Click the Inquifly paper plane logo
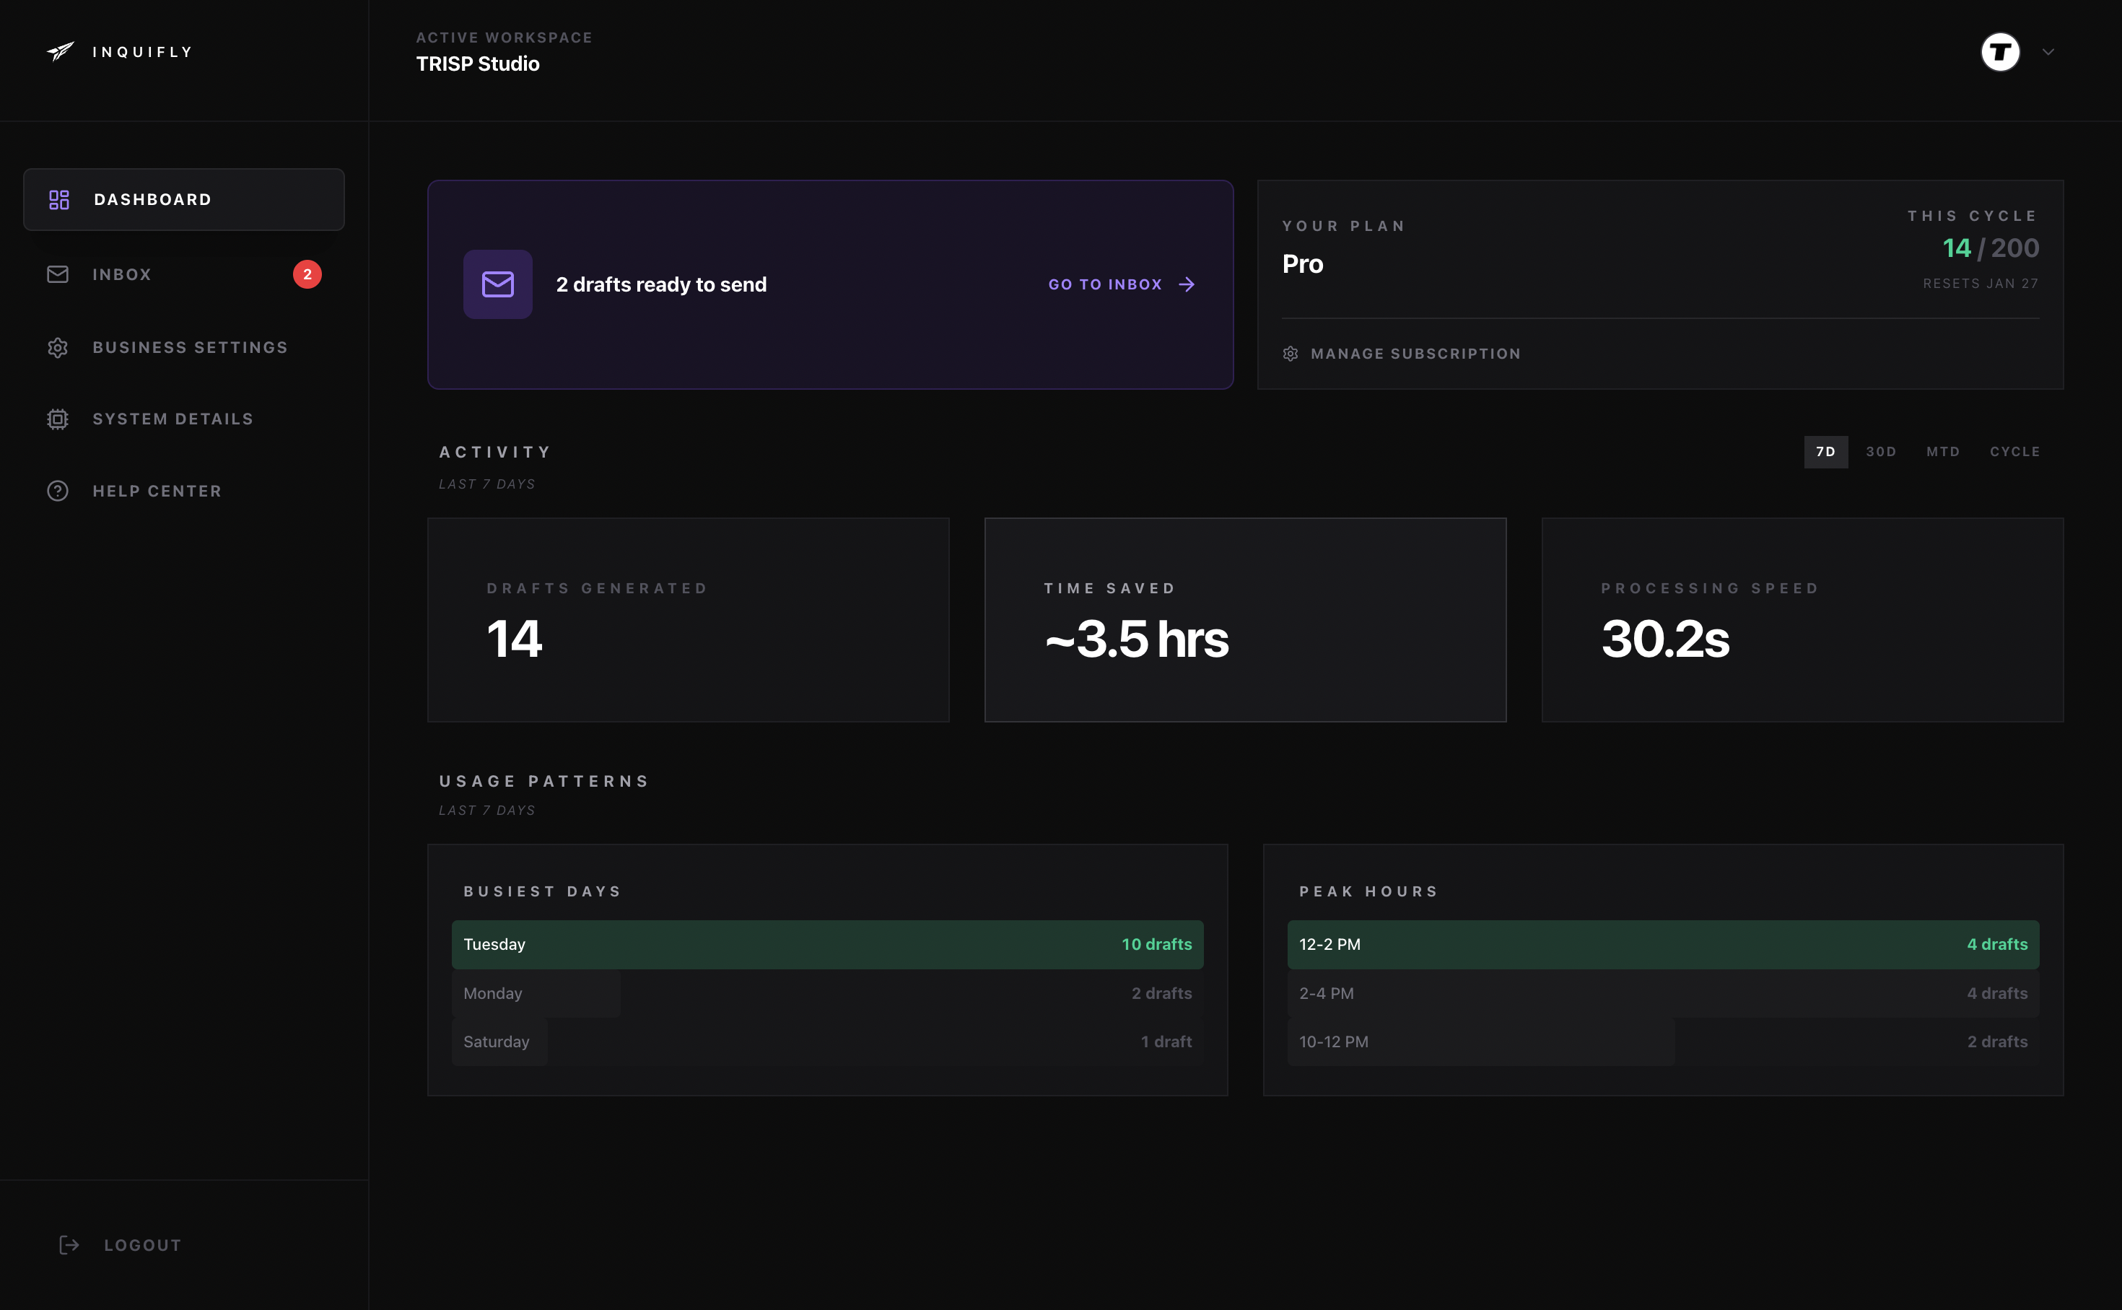tap(60, 52)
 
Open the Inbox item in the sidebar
tap(121, 275)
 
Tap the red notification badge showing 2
tap(307, 275)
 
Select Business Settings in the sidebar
tap(190, 347)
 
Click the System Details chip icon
tap(58, 419)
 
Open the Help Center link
tap(157, 492)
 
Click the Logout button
tap(142, 1245)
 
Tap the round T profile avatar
tap(2000, 52)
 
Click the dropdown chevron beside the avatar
tap(2048, 52)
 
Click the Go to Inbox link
tap(1121, 284)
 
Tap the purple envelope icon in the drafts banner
tap(498, 284)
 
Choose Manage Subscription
tap(1415, 354)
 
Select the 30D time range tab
tap(1880, 451)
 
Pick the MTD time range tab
tap(1943, 451)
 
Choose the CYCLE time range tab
tap(2014, 451)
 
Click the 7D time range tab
tap(1825, 451)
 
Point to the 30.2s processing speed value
tap(1664, 639)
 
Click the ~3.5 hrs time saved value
tap(1136, 639)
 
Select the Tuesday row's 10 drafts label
tap(1156, 944)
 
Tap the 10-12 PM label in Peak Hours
tap(1334, 1042)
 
